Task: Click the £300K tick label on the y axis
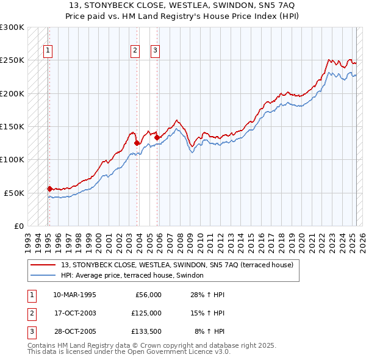tap(12, 27)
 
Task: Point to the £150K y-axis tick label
tap(12, 126)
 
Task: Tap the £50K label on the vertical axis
tap(15, 192)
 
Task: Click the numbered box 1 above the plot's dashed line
tap(48, 51)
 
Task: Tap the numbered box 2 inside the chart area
tap(135, 51)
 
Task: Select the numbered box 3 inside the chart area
tap(155, 51)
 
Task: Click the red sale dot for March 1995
tap(49, 189)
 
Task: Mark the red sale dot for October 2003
tap(137, 143)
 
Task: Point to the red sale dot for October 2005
tap(157, 138)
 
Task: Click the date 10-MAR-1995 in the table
tap(75, 295)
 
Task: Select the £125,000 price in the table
tap(146, 313)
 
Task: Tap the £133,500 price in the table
tap(146, 331)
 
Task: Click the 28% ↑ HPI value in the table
tap(208, 295)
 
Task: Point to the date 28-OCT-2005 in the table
tap(75, 331)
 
